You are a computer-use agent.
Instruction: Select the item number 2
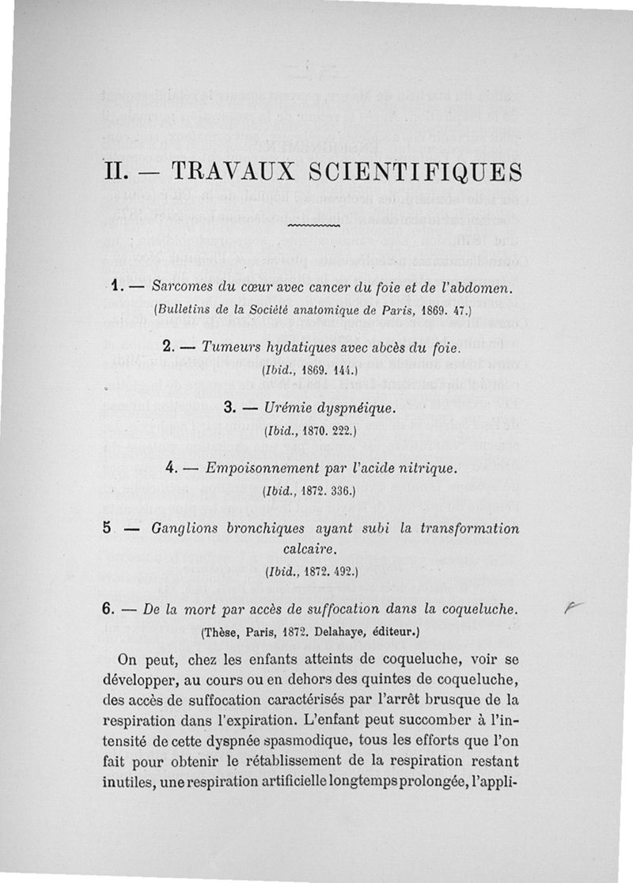(x=167, y=346)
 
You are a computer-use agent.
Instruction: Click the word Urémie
(x=292, y=408)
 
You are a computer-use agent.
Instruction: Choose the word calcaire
(x=315, y=547)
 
